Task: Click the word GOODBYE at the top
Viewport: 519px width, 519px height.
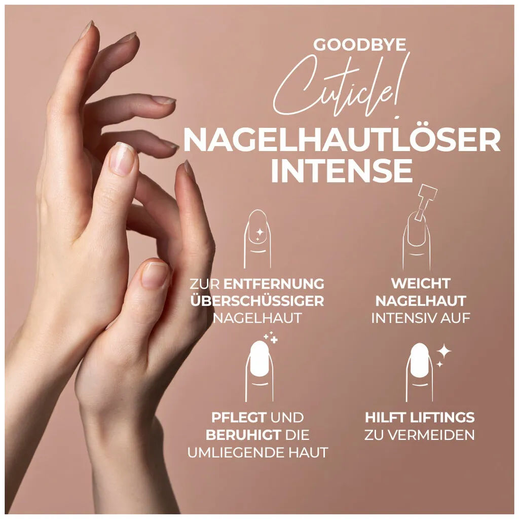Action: pyautogui.click(x=359, y=45)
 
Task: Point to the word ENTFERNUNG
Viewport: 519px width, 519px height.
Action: pyautogui.click(x=274, y=283)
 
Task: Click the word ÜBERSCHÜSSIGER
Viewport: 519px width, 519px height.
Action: pyautogui.click(x=257, y=301)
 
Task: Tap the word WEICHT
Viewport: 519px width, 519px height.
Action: pyautogui.click(x=420, y=283)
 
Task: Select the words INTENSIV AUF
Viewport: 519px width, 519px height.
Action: pyautogui.click(x=421, y=318)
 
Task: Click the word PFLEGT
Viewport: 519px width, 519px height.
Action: pyautogui.click(x=239, y=418)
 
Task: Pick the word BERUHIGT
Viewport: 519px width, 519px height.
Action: pyautogui.click(x=243, y=435)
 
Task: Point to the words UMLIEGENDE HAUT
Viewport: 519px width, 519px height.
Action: pyautogui.click(x=257, y=452)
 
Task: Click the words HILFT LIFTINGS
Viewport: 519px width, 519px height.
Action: pyautogui.click(x=420, y=418)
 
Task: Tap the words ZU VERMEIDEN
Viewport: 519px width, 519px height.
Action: pyautogui.click(x=420, y=435)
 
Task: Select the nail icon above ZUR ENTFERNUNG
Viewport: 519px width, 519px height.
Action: pyautogui.click(x=257, y=238)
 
